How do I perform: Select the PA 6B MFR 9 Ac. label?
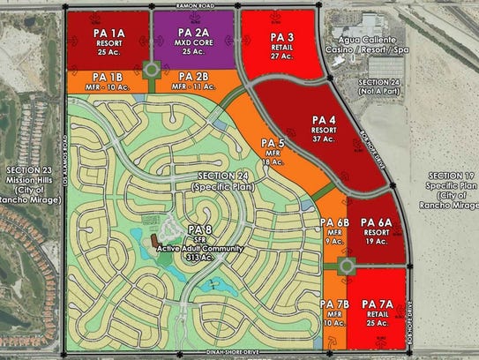click(x=334, y=231)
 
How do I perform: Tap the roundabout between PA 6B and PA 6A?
click(x=346, y=266)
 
